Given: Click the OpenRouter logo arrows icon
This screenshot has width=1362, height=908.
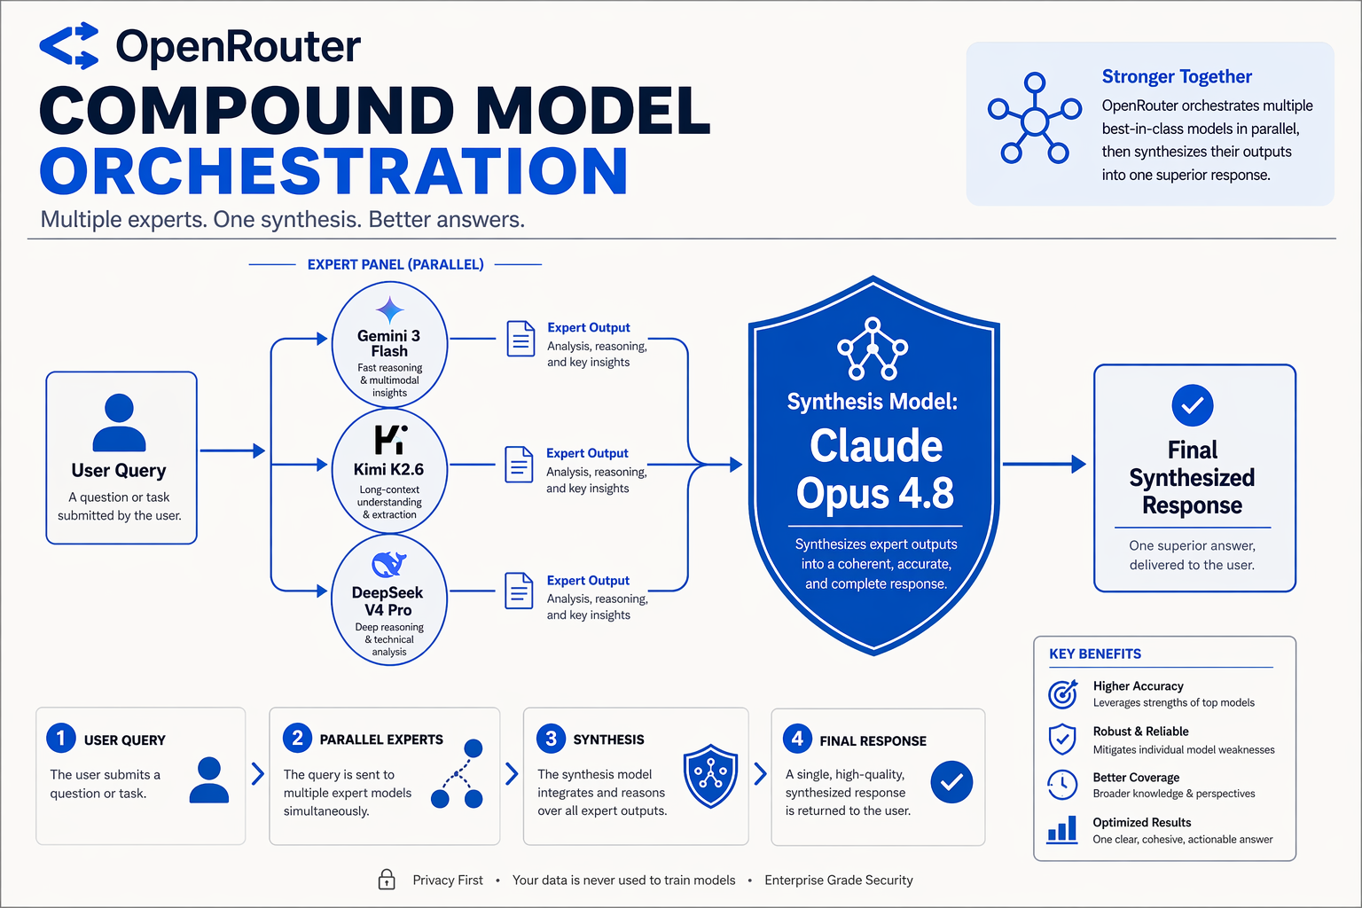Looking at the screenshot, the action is pyautogui.click(x=68, y=45).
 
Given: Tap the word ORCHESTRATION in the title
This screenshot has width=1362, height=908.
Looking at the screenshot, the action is pyautogui.click(x=333, y=171).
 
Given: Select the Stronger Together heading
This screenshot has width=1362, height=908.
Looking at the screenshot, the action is pyautogui.click(x=1177, y=76).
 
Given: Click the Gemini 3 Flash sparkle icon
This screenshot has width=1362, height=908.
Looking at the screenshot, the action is pyautogui.click(x=390, y=310).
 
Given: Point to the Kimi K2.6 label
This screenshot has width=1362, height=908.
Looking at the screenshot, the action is pyautogui.click(x=388, y=469).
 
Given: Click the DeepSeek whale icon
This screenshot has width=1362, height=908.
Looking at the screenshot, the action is pyautogui.click(x=389, y=564).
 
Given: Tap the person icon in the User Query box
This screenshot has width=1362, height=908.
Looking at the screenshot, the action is pyautogui.click(x=119, y=422).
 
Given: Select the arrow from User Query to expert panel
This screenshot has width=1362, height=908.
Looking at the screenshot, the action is pyautogui.click(x=233, y=450).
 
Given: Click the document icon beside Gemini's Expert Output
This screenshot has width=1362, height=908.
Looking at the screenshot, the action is pyautogui.click(x=521, y=339).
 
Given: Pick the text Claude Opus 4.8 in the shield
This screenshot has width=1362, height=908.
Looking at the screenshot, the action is pyautogui.click(x=875, y=469).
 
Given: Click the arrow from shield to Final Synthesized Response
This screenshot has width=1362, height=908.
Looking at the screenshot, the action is pyautogui.click(x=1044, y=464).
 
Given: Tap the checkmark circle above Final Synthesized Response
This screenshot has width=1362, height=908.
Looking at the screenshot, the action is pyautogui.click(x=1193, y=405).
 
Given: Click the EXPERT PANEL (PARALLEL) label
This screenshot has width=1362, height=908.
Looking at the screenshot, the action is pyautogui.click(x=395, y=264).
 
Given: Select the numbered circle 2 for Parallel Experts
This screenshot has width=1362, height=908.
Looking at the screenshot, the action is pyautogui.click(x=297, y=738).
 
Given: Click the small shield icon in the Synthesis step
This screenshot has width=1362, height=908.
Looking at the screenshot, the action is pyautogui.click(x=710, y=775).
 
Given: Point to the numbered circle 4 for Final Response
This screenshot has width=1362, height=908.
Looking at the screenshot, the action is pyautogui.click(x=797, y=739).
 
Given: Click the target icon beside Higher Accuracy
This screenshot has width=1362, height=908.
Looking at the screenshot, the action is pyautogui.click(x=1063, y=694).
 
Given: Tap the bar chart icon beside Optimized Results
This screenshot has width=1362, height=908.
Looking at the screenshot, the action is pyautogui.click(x=1061, y=830).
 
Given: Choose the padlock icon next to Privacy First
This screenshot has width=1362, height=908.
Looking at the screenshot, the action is pyautogui.click(x=387, y=880).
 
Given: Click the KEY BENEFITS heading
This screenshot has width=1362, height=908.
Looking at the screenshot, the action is pyautogui.click(x=1095, y=654).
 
